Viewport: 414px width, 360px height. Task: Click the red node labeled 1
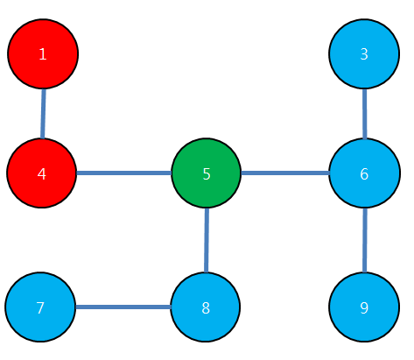[x=43, y=54]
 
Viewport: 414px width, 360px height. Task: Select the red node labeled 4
[x=42, y=173]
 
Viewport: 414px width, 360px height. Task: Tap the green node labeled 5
[x=207, y=173]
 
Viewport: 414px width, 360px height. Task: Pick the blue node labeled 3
[x=364, y=53]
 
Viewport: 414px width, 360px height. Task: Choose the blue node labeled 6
[x=364, y=173]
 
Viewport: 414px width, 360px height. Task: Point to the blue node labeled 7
[x=40, y=307]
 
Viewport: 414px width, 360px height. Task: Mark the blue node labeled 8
[x=206, y=307]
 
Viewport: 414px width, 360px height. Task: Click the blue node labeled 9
[x=364, y=307]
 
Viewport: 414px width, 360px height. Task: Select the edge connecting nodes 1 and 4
[x=43, y=114]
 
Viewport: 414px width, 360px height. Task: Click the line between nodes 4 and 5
[x=124, y=173]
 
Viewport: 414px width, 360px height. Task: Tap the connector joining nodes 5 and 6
[x=285, y=173]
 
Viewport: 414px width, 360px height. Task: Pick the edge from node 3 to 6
[x=364, y=114]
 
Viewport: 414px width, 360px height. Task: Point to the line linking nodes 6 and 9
[x=365, y=240]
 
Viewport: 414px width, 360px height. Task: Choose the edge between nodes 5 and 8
[x=207, y=240]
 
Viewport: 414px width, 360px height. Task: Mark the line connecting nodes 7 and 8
[x=123, y=307]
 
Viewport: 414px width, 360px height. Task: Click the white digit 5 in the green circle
[x=207, y=174]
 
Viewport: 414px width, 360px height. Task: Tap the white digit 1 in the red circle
[x=43, y=54]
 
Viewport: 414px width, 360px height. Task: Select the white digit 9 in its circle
[x=364, y=307]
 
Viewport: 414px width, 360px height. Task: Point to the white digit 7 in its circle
[x=40, y=307]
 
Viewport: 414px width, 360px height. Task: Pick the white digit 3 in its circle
[x=364, y=54]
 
